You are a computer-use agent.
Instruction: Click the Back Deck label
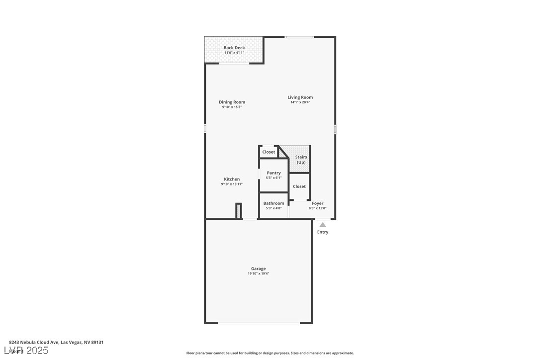point(234,48)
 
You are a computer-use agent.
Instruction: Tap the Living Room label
point(300,97)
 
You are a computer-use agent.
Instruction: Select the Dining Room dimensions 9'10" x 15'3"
point(232,107)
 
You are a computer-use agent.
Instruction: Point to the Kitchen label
point(232,179)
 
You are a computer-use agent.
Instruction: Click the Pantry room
point(273,175)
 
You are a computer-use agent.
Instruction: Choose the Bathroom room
point(273,205)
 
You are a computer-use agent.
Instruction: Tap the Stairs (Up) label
point(301,160)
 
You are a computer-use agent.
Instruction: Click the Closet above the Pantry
point(269,152)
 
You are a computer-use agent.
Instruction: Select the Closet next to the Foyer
point(299,186)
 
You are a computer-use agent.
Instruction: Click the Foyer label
point(318,203)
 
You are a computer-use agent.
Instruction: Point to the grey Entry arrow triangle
point(323,225)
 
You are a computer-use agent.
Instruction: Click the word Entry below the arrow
point(323,232)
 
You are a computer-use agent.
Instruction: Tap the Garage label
point(258,269)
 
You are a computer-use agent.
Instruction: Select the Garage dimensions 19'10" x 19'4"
point(258,273)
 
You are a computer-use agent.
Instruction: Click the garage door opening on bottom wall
point(259,323)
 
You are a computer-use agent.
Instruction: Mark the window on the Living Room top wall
point(299,37)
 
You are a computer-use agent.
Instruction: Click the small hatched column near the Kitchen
point(238,211)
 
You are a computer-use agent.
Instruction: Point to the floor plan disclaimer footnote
point(270,353)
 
